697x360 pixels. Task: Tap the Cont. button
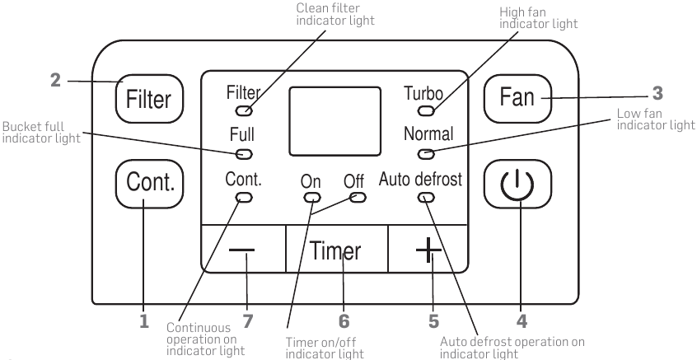[149, 183]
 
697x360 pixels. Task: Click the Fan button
[517, 98]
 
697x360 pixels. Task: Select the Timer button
[336, 249]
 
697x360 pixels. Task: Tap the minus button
[243, 249]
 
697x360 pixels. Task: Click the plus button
[428, 249]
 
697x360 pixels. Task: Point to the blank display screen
[335, 121]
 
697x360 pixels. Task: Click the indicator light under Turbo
[426, 110]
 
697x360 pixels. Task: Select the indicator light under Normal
[426, 154]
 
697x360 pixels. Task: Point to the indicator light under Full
[244, 154]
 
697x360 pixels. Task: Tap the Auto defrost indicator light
[426, 198]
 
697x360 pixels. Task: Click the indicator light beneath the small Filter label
[244, 110]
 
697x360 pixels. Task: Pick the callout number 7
[248, 321]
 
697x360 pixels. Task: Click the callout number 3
[657, 93]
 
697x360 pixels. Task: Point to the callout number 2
[55, 81]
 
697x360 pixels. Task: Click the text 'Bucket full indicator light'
[41, 133]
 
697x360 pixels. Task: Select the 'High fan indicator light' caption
[538, 18]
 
